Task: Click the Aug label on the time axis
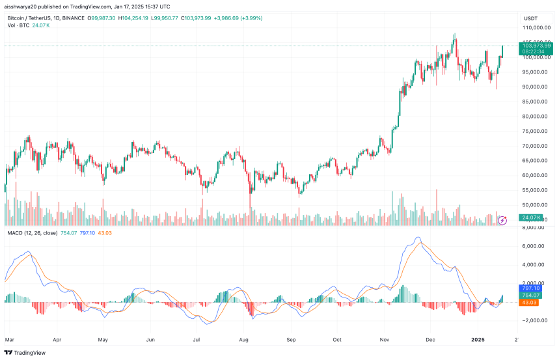point(245,339)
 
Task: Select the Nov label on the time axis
point(384,339)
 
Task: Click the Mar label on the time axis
point(9,339)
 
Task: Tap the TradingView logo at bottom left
point(26,353)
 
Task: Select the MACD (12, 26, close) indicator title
point(31,232)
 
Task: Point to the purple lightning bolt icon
point(502,221)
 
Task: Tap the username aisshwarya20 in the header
point(20,6)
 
